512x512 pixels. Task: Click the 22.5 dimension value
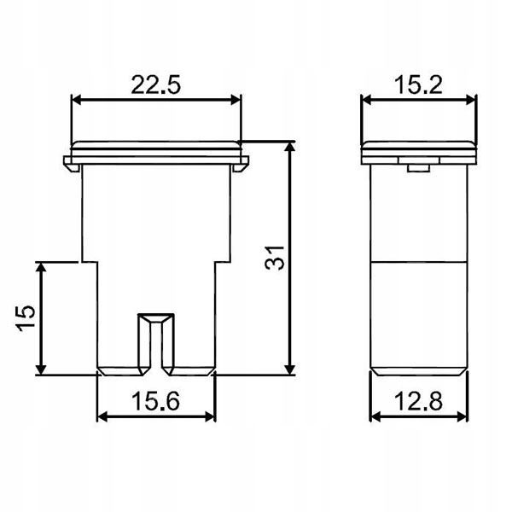point(155,84)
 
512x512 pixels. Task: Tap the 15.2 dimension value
point(418,84)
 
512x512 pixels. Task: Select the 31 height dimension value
point(275,258)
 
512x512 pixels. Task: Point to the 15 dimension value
point(26,318)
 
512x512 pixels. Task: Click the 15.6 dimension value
point(155,401)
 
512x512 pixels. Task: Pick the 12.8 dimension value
point(418,401)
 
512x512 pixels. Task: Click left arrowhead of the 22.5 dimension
point(76,100)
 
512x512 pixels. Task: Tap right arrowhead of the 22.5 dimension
point(236,100)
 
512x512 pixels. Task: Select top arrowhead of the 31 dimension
point(289,148)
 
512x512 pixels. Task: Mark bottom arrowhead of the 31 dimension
point(289,369)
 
